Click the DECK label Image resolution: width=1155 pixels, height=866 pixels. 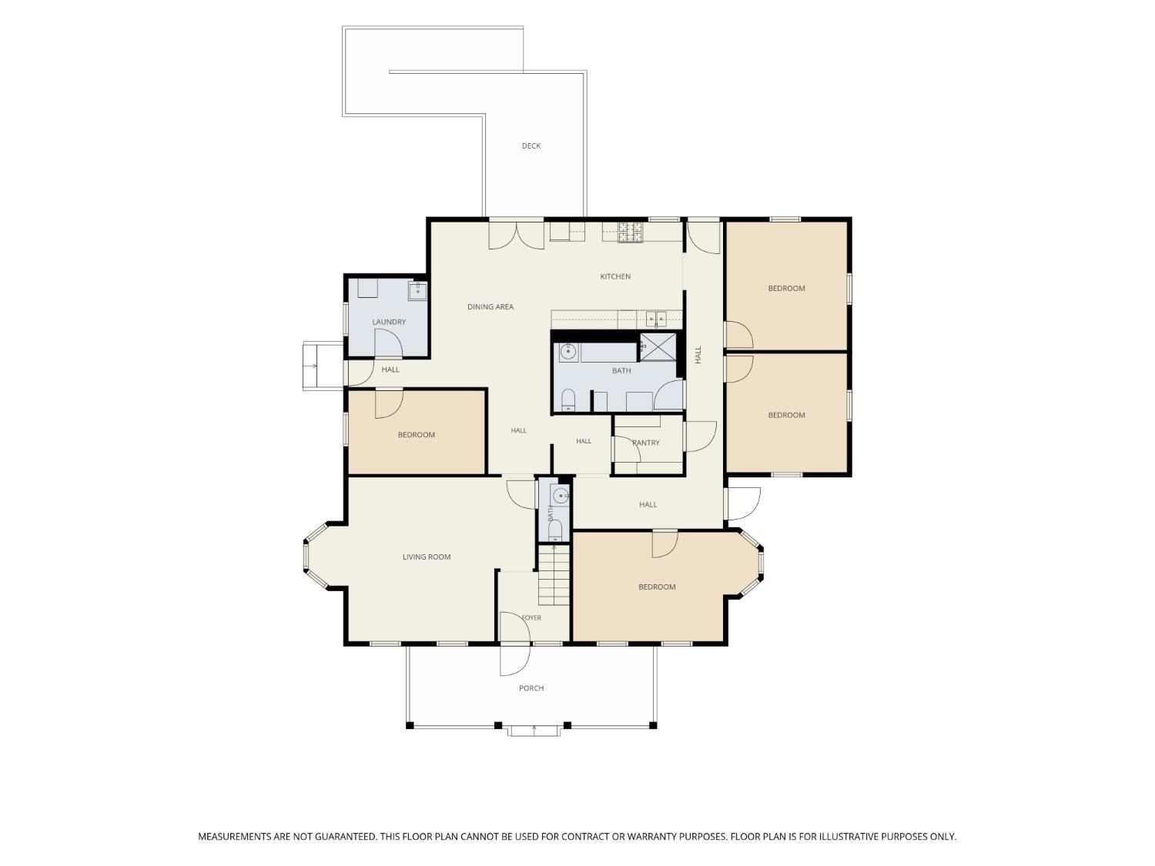(531, 145)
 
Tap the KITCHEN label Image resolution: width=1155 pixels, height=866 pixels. (615, 276)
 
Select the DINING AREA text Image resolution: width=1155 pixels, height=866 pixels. (490, 306)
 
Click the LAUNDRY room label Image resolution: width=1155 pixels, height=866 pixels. (389, 322)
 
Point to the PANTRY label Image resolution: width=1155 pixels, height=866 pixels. (645, 443)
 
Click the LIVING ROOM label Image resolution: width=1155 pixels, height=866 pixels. (427, 557)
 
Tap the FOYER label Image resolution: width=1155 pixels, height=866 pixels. (531, 618)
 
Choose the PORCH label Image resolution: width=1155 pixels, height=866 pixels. (531, 687)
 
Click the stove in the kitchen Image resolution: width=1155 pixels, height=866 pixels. (631, 232)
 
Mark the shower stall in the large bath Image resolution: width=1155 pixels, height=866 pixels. (658, 346)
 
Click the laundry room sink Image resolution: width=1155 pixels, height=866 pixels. (417, 290)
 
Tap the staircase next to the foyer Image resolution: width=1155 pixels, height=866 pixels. (554, 575)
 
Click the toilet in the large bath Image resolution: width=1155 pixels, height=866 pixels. (567, 400)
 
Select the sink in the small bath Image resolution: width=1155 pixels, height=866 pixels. (561, 495)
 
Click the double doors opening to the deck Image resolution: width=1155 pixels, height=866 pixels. (516, 236)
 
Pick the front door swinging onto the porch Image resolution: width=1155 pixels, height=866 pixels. (514, 659)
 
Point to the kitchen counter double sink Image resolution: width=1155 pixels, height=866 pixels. (656, 318)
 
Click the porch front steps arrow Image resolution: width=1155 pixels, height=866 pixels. (534, 730)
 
